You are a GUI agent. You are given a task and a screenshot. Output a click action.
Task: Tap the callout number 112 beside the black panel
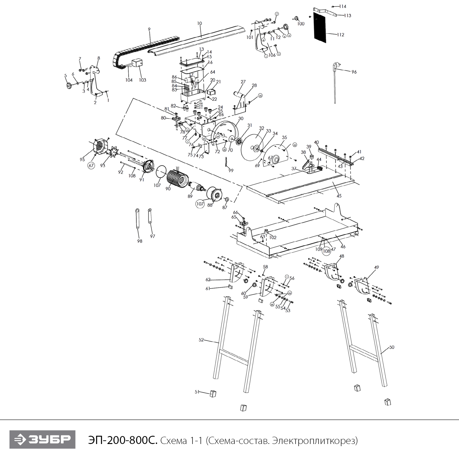[x=340, y=35]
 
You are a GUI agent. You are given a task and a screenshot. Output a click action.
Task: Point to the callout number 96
[x=354, y=72]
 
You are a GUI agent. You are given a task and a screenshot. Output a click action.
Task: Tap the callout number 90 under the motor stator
[x=168, y=189]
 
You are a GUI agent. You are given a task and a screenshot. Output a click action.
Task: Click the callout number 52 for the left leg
[x=201, y=340]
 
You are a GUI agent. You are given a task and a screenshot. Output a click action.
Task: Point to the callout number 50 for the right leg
[x=392, y=347]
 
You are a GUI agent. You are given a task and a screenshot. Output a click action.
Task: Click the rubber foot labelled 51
[x=213, y=393]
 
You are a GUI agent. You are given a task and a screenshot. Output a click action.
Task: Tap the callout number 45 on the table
[x=339, y=196]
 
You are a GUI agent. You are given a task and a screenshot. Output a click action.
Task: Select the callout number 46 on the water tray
[x=343, y=247]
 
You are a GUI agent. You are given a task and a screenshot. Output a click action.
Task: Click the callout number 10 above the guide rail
[x=200, y=23]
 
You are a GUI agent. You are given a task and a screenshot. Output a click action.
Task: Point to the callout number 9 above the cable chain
[x=149, y=29]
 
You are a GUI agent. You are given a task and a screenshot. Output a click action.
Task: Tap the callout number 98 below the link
[x=140, y=241]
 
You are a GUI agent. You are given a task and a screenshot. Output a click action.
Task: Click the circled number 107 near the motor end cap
[x=200, y=204]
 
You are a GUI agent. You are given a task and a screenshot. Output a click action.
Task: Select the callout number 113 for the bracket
[x=347, y=16]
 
